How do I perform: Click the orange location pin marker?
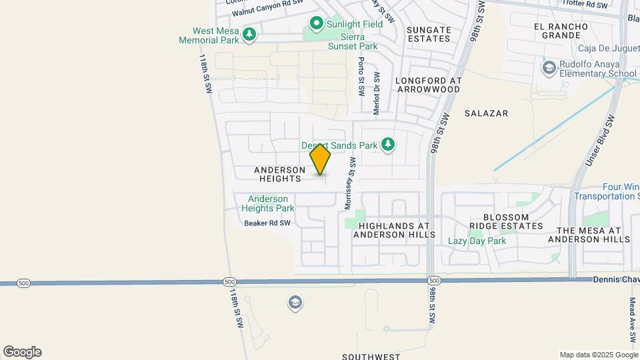tap(320, 160)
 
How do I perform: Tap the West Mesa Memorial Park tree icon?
tap(249, 33)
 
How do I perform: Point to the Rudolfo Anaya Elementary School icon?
tap(548, 67)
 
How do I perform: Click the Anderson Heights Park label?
tap(268, 203)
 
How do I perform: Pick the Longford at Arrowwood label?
tap(428, 85)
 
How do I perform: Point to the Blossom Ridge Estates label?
tap(506, 222)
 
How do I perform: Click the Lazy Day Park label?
tap(477, 241)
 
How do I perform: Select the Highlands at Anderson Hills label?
tap(394, 231)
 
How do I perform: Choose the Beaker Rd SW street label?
tap(267, 223)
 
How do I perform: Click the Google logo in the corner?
tap(22, 352)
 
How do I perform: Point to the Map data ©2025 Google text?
tap(598, 355)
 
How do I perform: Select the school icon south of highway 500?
tap(294, 303)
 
